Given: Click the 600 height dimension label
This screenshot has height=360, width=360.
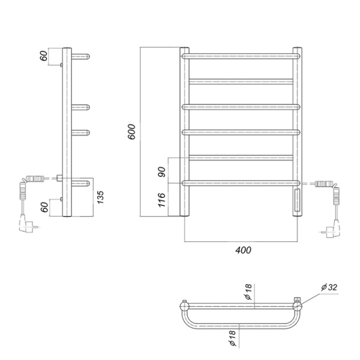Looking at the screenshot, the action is [x=132, y=131].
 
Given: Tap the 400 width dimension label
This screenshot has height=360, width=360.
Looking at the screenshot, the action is [x=243, y=250].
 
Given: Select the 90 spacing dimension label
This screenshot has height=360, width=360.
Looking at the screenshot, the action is [x=162, y=172].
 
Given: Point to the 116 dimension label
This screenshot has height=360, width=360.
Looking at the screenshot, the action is [x=162, y=200].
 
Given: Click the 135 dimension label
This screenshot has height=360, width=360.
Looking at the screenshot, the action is [x=100, y=197].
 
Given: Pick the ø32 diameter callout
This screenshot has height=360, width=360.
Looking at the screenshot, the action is [x=329, y=287].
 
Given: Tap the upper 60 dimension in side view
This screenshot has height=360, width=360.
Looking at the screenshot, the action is [x=44, y=56].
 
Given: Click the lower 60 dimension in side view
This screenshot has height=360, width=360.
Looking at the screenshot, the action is [x=44, y=207].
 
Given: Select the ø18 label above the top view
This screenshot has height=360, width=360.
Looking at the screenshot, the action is [x=248, y=292].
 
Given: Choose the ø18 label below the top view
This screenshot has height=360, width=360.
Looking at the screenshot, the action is [x=232, y=338].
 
